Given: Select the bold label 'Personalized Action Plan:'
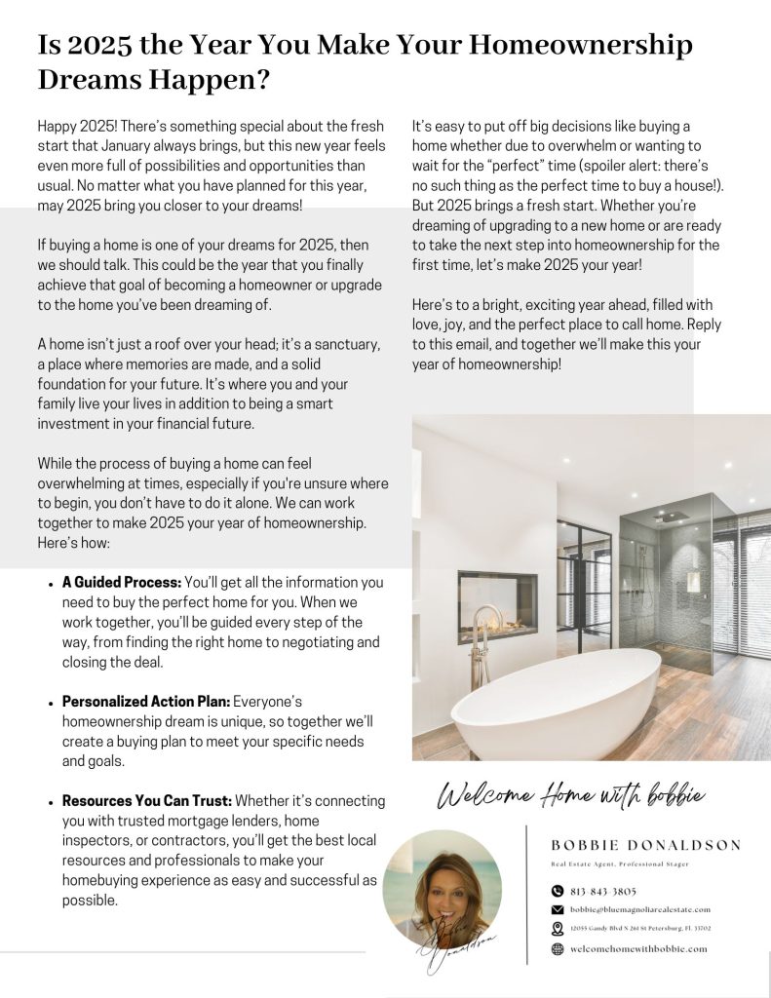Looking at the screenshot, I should click(x=146, y=702).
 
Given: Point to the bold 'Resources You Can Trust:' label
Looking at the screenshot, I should click(x=147, y=801).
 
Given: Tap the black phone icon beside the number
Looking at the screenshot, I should click(x=558, y=890).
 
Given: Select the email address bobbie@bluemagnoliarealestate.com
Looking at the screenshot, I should click(x=639, y=909).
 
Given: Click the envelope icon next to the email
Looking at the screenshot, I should click(x=558, y=909).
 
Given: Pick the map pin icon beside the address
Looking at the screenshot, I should click(x=558, y=929).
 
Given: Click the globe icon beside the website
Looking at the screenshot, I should click(x=558, y=948).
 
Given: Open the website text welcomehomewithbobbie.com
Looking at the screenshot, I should click(x=638, y=948).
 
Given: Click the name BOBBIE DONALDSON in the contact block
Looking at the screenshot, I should click(x=645, y=845).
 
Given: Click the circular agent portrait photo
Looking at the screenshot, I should click(x=442, y=889).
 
